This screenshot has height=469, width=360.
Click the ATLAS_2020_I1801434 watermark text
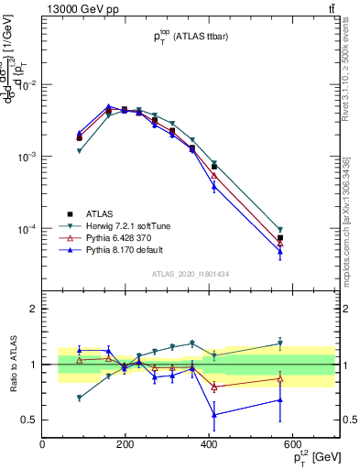point(190,274)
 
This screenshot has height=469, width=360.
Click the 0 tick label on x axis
point(42,446)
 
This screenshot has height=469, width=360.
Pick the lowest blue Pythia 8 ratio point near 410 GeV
point(214,415)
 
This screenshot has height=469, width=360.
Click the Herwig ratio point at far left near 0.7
point(80,398)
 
